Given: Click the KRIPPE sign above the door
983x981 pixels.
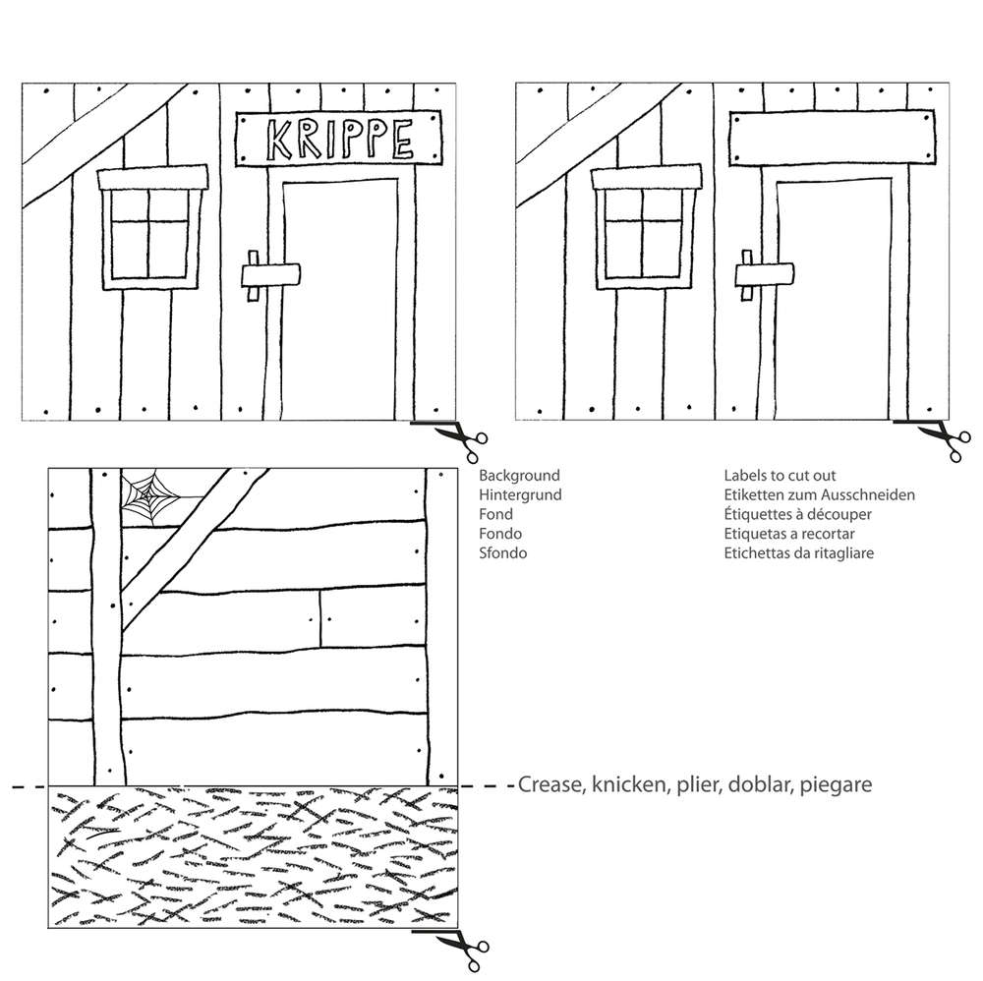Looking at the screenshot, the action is [x=338, y=139].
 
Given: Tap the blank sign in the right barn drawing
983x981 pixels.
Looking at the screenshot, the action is [x=832, y=138].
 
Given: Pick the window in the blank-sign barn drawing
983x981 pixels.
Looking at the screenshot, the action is [x=647, y=227].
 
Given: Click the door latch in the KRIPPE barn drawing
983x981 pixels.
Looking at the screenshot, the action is [x=270, y=275].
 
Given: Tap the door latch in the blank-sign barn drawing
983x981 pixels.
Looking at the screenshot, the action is [x=764, y=275].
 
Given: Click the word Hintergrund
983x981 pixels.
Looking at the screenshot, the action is [x=520, y=495].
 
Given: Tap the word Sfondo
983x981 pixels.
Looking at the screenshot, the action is [x=502, y=552].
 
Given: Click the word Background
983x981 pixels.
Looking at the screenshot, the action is [x=519, y=475].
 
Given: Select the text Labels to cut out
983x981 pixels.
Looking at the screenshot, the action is [x=780, y=475].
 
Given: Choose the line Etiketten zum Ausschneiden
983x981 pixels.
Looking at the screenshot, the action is [x=820, y=494].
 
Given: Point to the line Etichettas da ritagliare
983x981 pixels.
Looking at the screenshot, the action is [x=798, y=552].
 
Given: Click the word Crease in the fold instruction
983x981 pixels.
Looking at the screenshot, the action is [x=551, y=784].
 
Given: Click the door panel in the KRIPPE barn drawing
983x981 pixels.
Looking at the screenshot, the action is [x=340, y=300].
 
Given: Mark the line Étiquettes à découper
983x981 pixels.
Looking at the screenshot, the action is [x=797, y=514].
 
